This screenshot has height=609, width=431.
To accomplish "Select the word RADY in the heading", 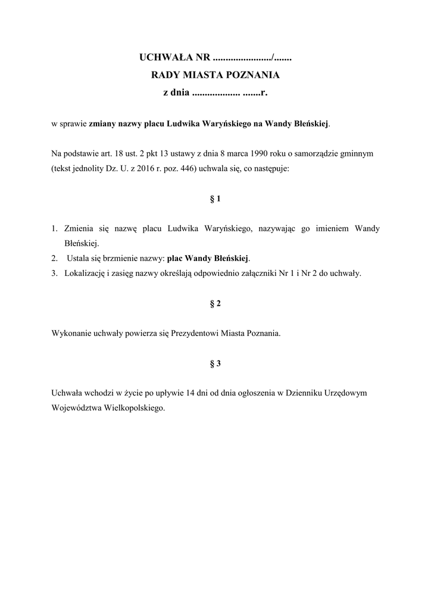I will pos(165,76).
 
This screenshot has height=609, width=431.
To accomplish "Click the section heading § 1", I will pos(215,199).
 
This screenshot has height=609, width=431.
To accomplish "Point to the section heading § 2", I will pos(215,303).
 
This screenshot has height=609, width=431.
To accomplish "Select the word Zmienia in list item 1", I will pos(79,229).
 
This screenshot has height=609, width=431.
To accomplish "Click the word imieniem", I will pos(334,229).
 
